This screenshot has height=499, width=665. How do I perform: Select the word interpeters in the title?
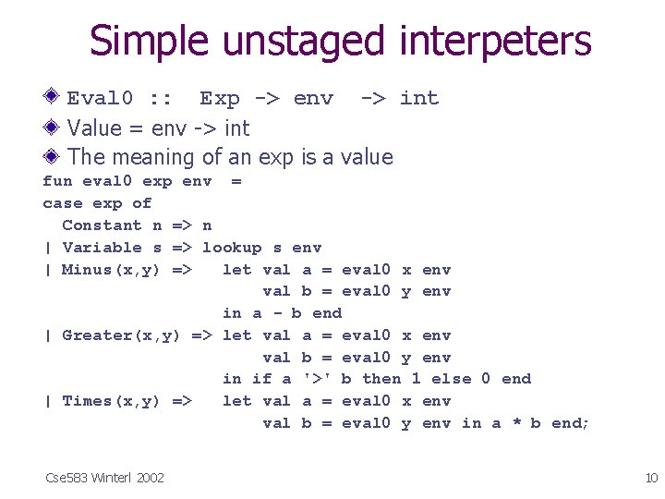[495, 43]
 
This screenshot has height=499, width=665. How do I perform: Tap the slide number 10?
[650, 477]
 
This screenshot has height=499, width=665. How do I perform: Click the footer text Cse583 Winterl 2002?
[104, 477]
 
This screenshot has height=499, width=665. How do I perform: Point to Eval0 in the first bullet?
[101, 98]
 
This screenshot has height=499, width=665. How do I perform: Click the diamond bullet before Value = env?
[54, 127]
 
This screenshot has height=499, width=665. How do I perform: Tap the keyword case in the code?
[62, 203]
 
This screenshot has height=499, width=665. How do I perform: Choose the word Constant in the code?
[102, 225]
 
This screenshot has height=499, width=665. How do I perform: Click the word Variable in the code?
[102, 248]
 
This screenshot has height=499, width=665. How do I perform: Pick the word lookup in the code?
[232, 248]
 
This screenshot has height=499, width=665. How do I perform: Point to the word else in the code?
[451, 379]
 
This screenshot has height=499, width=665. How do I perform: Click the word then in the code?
[381, 379]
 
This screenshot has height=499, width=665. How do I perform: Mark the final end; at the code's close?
[570, 423]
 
